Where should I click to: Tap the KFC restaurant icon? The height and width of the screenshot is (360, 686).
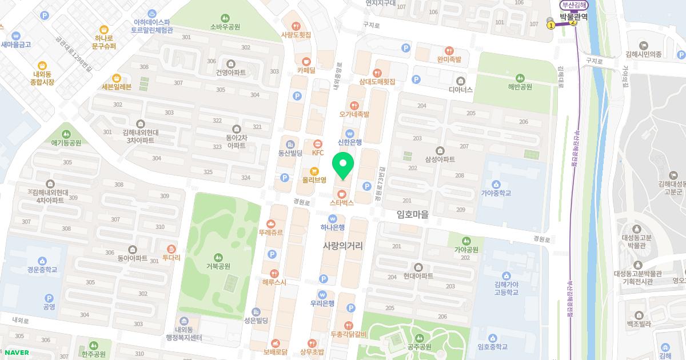click(x=318, y=143)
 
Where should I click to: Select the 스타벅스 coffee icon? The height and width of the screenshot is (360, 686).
click(x=342, y=193)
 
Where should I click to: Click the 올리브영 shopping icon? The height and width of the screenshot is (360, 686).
click(x=314, y=171)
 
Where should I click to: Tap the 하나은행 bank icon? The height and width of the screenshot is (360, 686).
click(x=332, y=218)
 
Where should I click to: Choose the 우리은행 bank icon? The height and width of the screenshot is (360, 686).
click(x=322, y=295)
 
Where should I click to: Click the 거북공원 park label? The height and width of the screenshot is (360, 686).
click(x=218, y=266)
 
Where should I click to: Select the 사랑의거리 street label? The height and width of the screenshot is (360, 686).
click(x=343, y=245)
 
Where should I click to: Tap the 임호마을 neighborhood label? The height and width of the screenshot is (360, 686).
click(x=412, y=214)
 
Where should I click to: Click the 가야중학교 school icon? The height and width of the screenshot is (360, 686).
click(x=496, y=184)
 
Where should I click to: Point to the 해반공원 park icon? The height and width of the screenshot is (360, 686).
click(x=520, y=78)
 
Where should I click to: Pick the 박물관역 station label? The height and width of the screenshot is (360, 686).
click(x=574, y=17)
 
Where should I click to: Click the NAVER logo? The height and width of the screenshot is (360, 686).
click(x=17, y=353)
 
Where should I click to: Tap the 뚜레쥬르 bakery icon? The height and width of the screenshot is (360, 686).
click(x=271, y=223)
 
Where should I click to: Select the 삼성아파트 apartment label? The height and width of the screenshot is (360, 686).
click(x=440, y=159)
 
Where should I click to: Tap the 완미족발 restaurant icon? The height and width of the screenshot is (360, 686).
click(x=449, y=50)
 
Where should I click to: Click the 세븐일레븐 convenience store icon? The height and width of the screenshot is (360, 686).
click(x=116, y=78)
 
